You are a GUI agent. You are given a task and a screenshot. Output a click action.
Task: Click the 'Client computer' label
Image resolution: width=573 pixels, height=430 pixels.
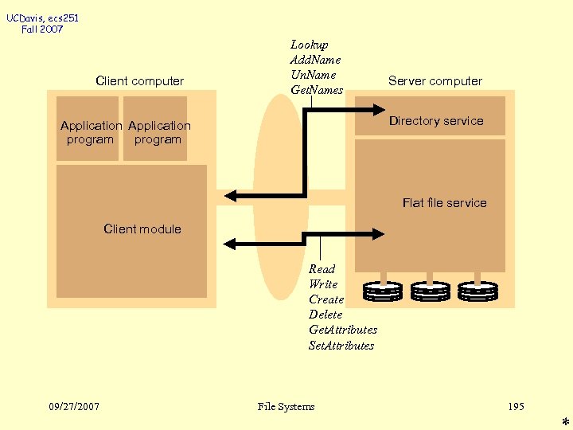click(139, 81)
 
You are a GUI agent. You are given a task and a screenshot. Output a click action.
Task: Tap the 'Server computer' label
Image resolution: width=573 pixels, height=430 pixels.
click(435, 81)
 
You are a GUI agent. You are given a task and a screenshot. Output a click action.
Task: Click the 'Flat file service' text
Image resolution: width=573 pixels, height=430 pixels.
click(444, 203)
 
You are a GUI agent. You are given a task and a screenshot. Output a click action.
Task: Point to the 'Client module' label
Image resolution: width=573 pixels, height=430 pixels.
click(142, 229)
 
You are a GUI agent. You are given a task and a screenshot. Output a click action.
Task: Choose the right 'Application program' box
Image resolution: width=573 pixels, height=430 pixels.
click(157, 129)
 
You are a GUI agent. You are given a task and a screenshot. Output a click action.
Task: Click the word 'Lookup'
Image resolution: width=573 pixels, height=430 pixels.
click(309, 45)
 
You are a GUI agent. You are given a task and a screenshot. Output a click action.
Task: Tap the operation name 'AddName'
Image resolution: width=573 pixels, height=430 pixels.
click(315, 60)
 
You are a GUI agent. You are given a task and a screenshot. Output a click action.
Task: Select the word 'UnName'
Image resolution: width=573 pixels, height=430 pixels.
click(313, 75)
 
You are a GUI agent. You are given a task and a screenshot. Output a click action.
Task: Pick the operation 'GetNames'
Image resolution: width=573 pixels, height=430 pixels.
click(317, 90)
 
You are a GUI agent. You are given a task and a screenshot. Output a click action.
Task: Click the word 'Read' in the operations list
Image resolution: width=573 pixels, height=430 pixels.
click(322, 269)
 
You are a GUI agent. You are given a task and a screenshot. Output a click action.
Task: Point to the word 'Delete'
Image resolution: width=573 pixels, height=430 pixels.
click(325, 315)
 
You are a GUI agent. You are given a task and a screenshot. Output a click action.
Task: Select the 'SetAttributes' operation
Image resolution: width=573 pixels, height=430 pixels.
click(341, 346)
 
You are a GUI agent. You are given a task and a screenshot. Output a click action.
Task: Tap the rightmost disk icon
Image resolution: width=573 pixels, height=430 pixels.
click(477, 291)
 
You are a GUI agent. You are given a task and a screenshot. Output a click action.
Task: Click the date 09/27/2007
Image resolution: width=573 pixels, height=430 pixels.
click(74, 407)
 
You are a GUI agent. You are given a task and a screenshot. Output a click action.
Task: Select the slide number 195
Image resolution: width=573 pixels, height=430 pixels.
click(516, 407)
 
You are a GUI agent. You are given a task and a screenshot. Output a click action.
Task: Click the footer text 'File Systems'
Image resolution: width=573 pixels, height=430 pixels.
click(286, 407)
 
